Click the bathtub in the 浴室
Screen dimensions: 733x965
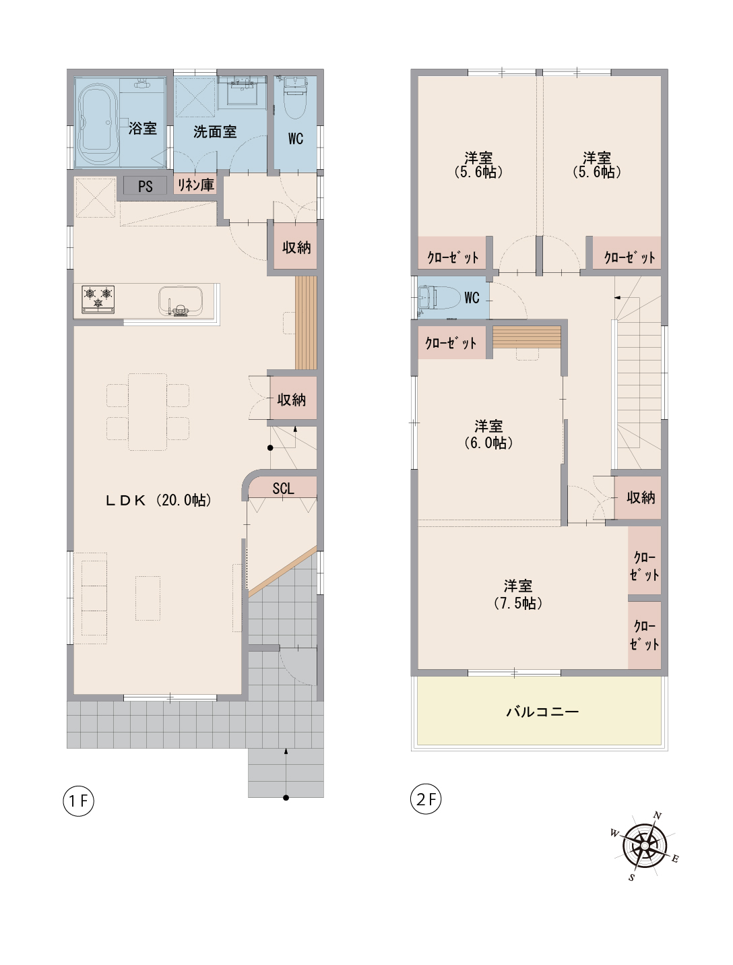click(98, 124)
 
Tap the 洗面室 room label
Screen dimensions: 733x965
click(215, 131)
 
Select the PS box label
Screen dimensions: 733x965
click(146, 186)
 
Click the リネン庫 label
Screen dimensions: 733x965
click(196, 184)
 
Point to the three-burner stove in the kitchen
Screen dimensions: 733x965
click(98, 299)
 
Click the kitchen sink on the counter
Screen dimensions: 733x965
click(180, 302)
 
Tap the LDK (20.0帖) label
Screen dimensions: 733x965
click(159, 500)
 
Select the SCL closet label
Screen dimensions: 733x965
click(283, 489)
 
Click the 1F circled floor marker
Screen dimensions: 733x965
click(79, 801)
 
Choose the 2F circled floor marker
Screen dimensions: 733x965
click(426, 799)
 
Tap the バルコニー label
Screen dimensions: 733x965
click(542, 712)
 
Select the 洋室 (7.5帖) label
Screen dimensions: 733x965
click(518, 594)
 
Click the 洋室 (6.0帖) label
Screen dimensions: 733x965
click(488, 434)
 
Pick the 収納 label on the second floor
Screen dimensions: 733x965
click(641, 498)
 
